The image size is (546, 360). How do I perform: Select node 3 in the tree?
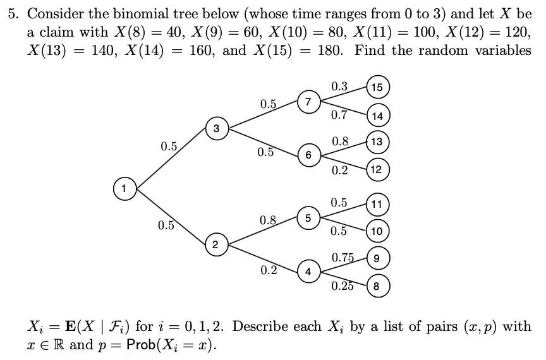(x=216, y=129)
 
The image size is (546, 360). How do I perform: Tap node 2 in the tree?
(x=216, y=244)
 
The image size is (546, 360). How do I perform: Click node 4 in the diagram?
(x=308, y=272)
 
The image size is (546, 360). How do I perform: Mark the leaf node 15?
(x=377, y=87)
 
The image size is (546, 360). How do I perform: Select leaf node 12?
(x=377, y=169)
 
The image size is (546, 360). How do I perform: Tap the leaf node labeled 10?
(x=377, y=231)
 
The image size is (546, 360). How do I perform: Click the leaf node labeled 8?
(x=377, y=285)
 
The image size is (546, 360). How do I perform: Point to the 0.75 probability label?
(x=343, y=257)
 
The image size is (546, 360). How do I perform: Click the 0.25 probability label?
(x=343, y=286)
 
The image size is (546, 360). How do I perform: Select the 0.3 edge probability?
(x=339, y=86)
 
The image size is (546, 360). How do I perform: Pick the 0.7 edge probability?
(x=339, y=115)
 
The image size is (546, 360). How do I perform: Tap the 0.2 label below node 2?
(x=269, y=270)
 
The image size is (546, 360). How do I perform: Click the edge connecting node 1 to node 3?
(x=171, y=158)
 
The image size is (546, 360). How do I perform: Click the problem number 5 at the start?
(x=12, y=14)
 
